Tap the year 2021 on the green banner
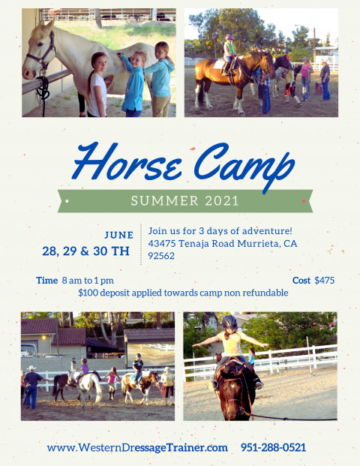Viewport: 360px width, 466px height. [222, 201]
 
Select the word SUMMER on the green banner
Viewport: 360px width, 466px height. [164, 201]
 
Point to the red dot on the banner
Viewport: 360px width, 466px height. [304, 201]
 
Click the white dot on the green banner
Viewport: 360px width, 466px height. [67, 201]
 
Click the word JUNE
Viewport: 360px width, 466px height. [119, 235]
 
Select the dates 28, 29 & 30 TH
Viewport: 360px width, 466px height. [85, 251]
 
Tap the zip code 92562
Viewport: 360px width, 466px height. [161, 256]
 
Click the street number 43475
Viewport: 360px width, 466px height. [162, 244]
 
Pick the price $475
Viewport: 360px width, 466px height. [324, 280]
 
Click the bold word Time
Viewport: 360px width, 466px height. [47, 280]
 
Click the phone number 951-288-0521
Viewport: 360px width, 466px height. [273, 447]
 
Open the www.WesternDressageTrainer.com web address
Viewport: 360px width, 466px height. [137, 447]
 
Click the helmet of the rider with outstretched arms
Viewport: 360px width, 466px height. [229, 322]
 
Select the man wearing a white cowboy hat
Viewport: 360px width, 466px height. [32, 386]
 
